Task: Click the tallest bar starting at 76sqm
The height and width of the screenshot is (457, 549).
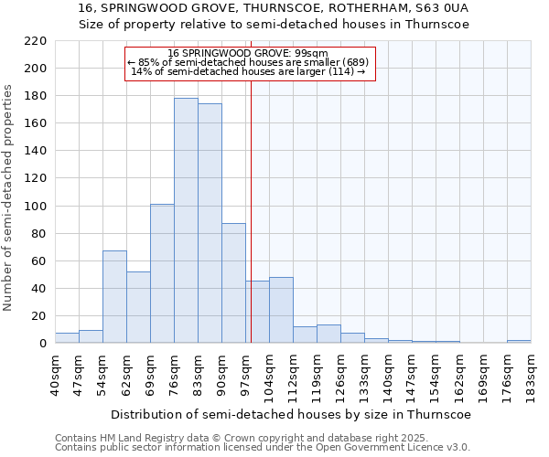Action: [186, 220]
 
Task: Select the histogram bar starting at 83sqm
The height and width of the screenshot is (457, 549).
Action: [210, 223]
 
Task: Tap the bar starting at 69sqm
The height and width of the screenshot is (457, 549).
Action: [162, 273]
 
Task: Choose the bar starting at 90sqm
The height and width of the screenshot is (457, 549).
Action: [233, 283]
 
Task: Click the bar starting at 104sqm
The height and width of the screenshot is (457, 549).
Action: [281, 310]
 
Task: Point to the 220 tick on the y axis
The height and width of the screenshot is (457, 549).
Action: [36, 41]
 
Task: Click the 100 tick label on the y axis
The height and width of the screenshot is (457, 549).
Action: [36, 207]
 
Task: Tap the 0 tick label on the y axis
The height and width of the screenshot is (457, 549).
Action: [42, 344]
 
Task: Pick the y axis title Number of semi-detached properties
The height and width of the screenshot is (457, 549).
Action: [9, 197]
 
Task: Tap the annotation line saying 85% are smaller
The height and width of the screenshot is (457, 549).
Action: [249, 62]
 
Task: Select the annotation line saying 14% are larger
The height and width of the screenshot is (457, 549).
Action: [249, 71]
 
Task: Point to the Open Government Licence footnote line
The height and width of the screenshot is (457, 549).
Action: [263, 447]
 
